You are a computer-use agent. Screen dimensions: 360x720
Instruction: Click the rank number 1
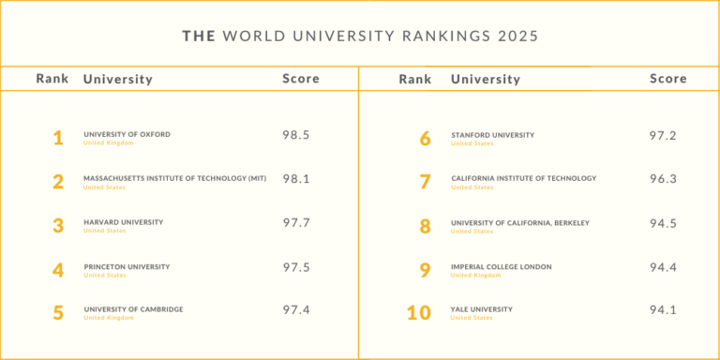click(58, 139)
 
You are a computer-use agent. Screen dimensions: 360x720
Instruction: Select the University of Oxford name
click(127, 134)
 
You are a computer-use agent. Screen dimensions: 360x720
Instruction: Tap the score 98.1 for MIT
click(296, 178)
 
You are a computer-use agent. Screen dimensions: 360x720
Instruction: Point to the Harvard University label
click(123, 222)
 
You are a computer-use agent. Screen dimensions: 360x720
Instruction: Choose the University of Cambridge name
click(133, 309)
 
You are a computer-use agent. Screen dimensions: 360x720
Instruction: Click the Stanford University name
click(492, 134)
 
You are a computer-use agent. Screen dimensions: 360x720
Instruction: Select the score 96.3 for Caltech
click(663, 178)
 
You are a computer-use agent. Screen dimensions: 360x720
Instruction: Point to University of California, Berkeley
click(519, 222)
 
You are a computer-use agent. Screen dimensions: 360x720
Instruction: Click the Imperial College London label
click(501, 266)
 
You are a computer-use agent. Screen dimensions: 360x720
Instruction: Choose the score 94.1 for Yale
click(663, 310)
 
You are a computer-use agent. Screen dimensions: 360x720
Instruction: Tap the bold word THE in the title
click(198, 37)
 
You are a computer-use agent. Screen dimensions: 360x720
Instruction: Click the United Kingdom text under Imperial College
click(475, 276)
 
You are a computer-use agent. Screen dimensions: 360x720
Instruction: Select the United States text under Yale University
click(472, 319)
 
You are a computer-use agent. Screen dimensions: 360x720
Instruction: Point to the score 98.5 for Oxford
click(296, 135)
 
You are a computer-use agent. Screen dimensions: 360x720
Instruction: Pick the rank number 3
click(58, 226)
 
